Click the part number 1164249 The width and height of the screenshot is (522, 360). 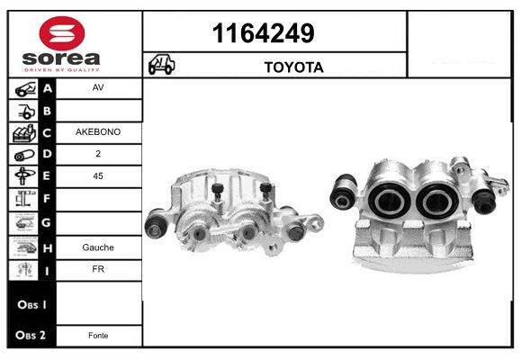pos(263,33)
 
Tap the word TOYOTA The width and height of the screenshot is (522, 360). pos(294,67)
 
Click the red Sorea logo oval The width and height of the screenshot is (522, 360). pos(62,33)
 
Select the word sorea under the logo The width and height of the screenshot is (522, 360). pos(61,58)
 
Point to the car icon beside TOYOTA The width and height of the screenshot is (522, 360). pos(161,64)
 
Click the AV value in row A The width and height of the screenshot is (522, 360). pos(98,87)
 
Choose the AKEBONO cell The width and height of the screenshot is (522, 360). pos(98,132)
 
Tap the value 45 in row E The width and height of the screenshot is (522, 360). pos(98,175)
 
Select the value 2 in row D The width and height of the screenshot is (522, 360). pos(98,154)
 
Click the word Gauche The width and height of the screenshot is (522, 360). pos(98,247)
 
